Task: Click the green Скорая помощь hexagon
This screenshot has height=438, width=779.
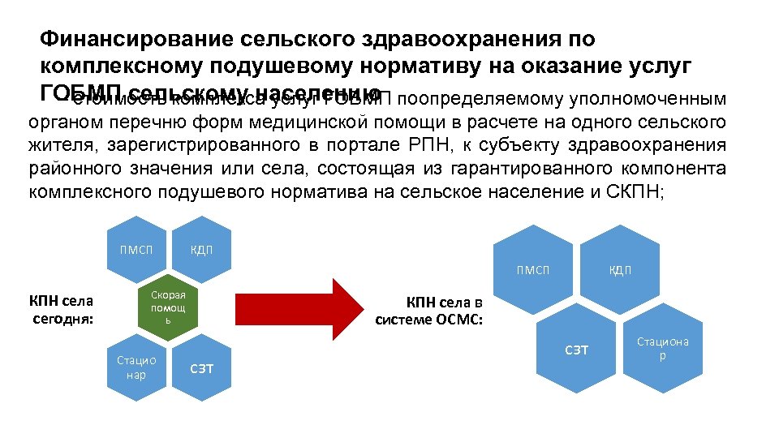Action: tap(168, 307)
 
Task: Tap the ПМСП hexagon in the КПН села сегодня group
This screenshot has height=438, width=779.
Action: tap(136, 248)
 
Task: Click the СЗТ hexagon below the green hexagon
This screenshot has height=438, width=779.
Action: tap(201, 367)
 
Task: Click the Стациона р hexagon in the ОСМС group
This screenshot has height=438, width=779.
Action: tap(663, 348)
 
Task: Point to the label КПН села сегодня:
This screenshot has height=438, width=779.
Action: tap(62, 309)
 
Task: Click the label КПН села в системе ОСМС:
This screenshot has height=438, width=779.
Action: tap(429, 311)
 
